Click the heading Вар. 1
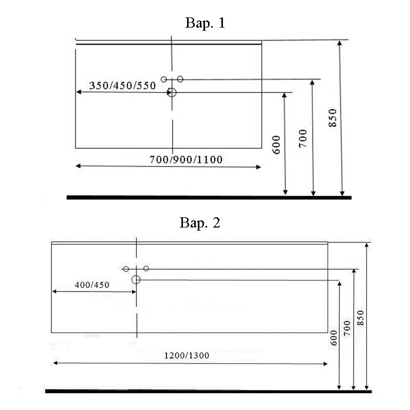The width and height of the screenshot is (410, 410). [x=205, y=23]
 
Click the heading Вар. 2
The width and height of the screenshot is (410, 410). [x=200, y=223]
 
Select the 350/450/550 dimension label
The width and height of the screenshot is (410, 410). [x=122, y=86]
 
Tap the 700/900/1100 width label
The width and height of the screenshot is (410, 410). [x=186, y=159]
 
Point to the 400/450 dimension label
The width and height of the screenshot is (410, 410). [x=92, y=285]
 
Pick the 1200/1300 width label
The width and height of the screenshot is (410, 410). [x=187, y=355]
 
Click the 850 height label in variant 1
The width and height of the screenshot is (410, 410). [x=333, y=118]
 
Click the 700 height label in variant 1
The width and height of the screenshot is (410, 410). [x=303, y=138]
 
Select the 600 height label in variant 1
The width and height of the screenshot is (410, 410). [x=276, y=145]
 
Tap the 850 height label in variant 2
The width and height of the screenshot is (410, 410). [x=361, y=318]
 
